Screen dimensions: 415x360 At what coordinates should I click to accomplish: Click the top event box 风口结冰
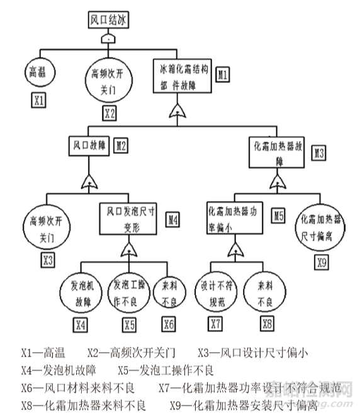click(x=110, y=20)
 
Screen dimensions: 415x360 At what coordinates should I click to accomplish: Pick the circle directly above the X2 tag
click(x=108, y=79)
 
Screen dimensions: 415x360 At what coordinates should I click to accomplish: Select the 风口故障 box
click(x=89, y=146)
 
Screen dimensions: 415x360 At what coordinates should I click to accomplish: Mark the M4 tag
click(x=173, y=219)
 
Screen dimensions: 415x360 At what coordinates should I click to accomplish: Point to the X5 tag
click(x=129, y=325)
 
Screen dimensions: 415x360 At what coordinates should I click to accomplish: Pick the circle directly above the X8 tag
click(x=266, y=294)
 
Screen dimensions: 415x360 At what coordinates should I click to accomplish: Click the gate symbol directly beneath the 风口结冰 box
click(x=110, y=39)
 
